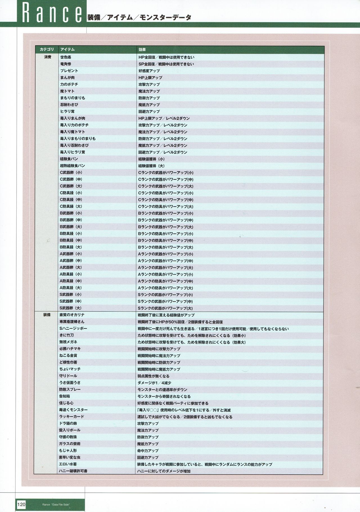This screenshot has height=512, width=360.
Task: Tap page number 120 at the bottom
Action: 21,504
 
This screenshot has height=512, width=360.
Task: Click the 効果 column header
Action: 142,49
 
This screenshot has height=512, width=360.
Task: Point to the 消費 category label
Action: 48,57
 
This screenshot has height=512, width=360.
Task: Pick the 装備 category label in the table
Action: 47,315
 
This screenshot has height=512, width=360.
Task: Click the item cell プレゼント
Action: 69,71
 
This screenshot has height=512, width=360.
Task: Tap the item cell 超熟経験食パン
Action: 72,166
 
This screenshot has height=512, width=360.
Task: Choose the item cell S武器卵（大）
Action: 71,308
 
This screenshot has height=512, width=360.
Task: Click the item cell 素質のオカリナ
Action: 72,315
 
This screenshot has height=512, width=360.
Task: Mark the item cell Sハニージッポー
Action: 73,329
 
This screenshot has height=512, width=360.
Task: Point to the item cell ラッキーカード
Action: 71,416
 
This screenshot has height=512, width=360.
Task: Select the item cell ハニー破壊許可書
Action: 73,471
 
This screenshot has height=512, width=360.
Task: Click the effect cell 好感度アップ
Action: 149,71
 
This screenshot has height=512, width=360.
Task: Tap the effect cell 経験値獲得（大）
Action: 151,166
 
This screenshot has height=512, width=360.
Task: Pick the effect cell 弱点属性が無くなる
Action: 153,376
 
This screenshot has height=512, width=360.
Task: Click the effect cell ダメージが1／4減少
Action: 154,383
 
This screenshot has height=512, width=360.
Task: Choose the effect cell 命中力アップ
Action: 148,450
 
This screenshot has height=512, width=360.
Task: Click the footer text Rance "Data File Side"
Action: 56,505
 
